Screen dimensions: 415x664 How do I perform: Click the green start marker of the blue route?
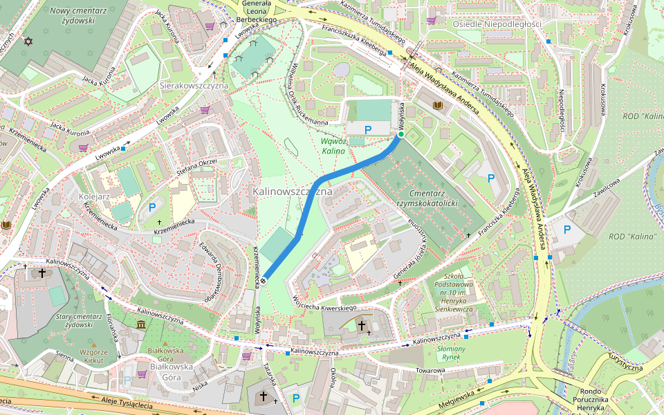(400, 136)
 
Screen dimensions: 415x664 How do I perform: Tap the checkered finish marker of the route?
(264, 280)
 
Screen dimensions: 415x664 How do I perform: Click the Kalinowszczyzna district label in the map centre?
(293, 190)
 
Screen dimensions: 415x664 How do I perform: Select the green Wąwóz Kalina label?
(333, 145)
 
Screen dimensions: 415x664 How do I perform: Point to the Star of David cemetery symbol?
(28, 41)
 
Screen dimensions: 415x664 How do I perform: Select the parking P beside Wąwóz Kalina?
(368, 129)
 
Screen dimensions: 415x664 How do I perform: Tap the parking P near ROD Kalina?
(566, 230)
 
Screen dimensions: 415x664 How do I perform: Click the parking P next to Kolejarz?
(151, 207)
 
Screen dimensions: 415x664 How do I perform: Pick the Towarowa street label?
(430, 371)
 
